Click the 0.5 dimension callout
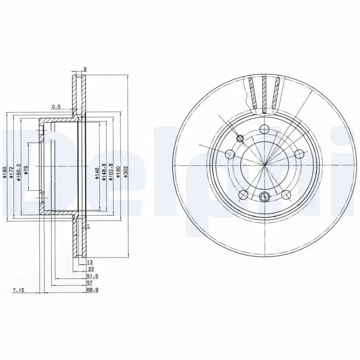(56, 107)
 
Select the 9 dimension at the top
(85, 69)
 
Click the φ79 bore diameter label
(26, 171)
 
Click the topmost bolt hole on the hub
(265, 127)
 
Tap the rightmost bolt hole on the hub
(298, 154)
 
